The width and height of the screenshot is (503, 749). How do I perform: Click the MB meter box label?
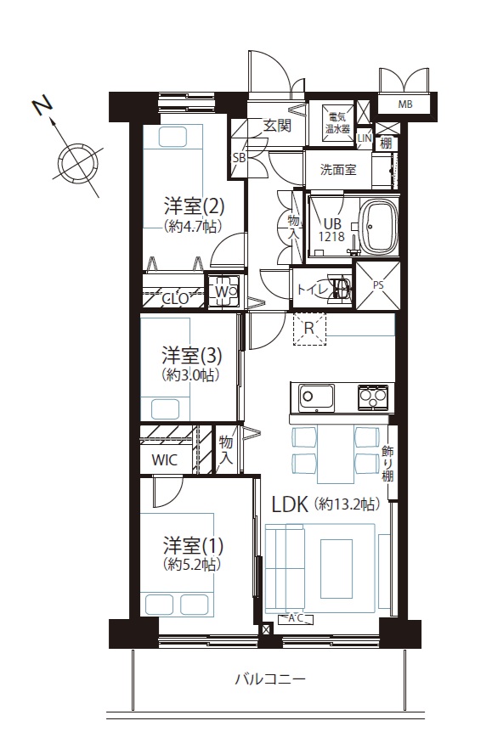click(405, 104)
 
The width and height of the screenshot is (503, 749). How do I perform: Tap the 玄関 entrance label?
click(277, 126)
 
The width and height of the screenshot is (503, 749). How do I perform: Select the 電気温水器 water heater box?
click(338, 123)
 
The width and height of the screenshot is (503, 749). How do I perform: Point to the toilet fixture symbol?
click(342, 288)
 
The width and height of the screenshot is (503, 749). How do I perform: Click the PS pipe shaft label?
click(378, 285)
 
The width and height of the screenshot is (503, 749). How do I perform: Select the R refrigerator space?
click(309, 329)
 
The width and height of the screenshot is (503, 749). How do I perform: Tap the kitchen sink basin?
click(316, 396)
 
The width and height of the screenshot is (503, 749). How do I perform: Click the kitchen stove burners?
click(375, 396)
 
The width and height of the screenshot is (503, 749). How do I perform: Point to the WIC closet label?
click(165, 460)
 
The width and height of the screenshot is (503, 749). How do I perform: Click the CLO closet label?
click(174, 299)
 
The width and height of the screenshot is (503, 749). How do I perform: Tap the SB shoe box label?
click(238, 158)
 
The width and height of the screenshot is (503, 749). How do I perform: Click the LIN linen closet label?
click(365, 138)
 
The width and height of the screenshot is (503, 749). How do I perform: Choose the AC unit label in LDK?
click(296, 618)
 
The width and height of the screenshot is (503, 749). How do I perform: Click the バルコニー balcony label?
click(270, 679)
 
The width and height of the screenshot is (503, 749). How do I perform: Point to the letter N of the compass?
click(42, 106)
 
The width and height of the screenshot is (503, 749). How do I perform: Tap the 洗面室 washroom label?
click(338, 169)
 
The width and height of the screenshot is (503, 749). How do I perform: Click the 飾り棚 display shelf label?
click(387, 463)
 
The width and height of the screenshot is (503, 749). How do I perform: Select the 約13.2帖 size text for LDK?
click(347, 504)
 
